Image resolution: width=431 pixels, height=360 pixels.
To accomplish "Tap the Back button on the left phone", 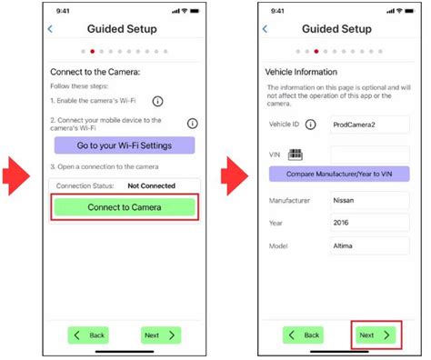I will [87, 335].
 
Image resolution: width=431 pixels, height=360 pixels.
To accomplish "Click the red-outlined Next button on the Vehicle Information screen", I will [376, 335].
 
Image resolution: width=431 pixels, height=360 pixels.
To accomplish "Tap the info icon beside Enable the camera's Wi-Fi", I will [158, 101].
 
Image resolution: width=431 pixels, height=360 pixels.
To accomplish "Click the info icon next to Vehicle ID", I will [311, 125].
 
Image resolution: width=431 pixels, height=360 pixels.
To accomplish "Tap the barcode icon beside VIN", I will [296, 155].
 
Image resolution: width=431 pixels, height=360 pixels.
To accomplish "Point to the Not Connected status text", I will [151, 185].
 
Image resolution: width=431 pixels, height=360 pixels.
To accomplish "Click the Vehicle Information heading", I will [300, 72].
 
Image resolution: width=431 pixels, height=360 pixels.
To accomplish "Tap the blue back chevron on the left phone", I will [49, 29].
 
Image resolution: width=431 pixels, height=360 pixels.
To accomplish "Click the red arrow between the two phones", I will [235, 169].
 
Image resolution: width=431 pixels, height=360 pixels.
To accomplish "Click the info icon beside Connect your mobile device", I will [193, 123].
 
